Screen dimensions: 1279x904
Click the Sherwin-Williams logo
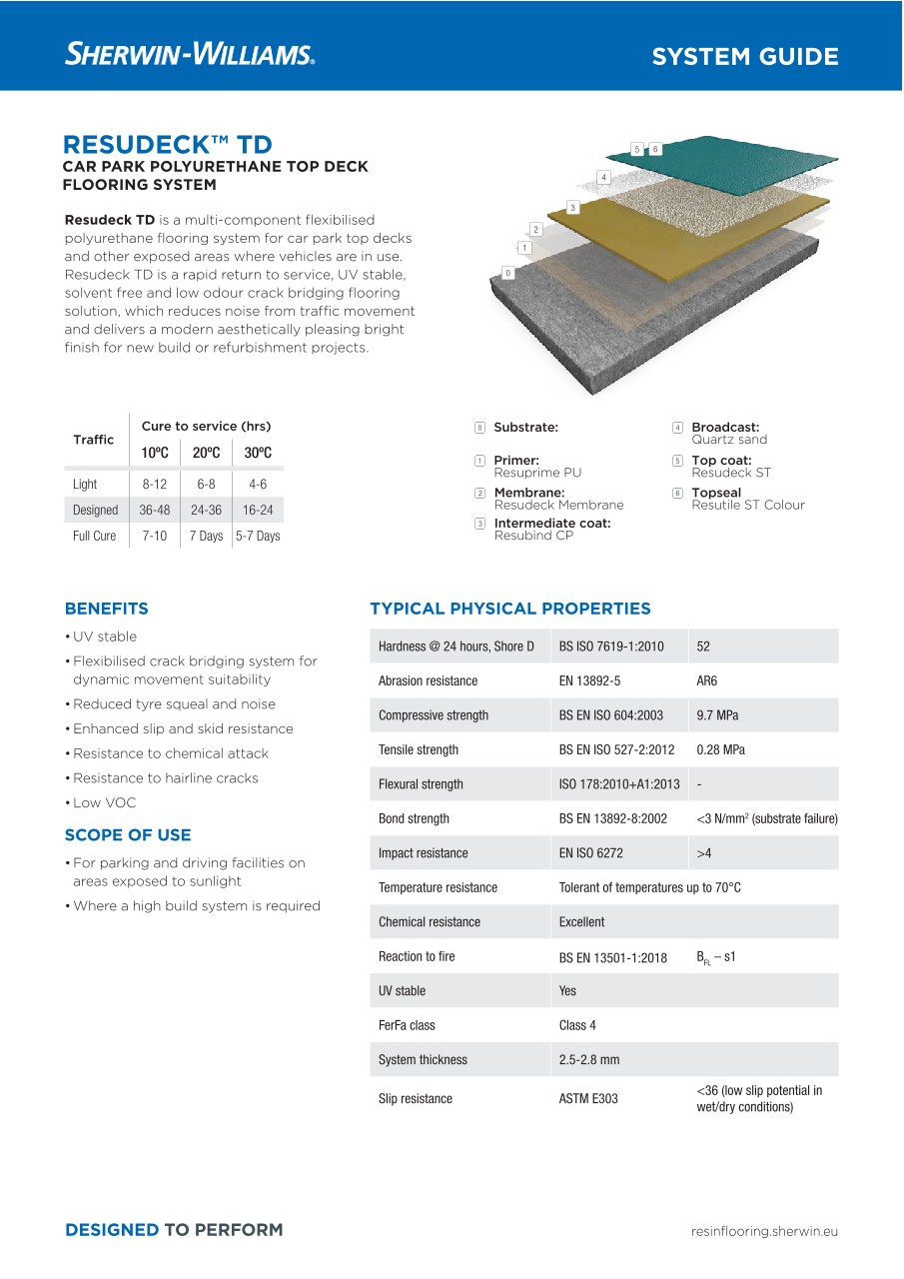point(190,54)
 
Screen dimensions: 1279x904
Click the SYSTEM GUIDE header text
point(744,57)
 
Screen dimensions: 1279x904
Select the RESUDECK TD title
point(167,144)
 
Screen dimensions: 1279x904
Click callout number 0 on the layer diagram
point(507,273)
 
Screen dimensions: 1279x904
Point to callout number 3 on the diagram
point(572,208)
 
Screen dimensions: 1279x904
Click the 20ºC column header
point(206,453)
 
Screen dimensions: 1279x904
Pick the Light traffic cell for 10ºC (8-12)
point(154,484)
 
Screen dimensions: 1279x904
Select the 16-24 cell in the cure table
point(258,510)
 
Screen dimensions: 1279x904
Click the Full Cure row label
point(94,536)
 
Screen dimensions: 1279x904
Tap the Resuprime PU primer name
point(537,473)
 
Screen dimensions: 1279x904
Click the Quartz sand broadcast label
point(729,440)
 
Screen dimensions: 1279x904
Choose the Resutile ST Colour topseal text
point(747,505)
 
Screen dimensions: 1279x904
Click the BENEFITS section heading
point(106,609)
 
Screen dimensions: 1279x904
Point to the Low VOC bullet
point(104,802)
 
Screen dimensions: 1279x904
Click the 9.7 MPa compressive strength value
point(717,715)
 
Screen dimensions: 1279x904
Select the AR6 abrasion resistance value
point(706,680)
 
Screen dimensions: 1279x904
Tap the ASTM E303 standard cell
point(588,1098)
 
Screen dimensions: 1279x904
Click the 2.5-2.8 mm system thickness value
point(589,1059)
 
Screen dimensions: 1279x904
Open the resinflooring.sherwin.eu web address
point(764,1231)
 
